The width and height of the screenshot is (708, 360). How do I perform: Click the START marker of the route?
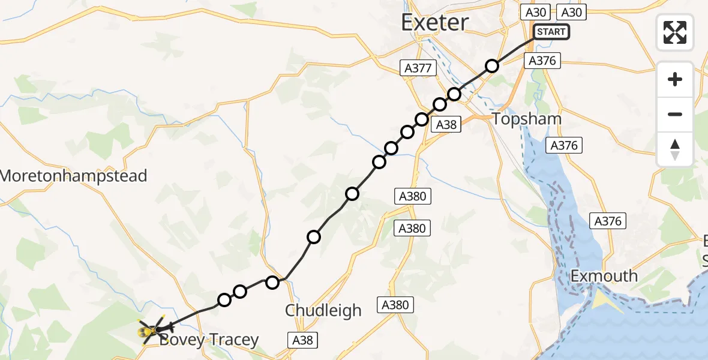click(x=551, y=32)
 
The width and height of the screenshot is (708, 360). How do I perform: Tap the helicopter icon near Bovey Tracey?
click(x=151, y=329)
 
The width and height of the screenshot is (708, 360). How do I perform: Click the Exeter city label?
click(x=434, y=23)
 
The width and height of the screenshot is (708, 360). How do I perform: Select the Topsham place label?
click(x=526, y=119)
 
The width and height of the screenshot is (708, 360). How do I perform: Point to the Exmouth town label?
click(x=604, y=276)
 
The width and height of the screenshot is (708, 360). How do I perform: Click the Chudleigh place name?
click(x=323, y=310)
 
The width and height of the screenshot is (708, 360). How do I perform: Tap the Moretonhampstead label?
click(x=73, y=176)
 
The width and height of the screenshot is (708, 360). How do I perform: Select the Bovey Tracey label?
click(x=208, y=340)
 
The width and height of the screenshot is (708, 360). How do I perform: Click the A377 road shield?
click(x=418, y=68)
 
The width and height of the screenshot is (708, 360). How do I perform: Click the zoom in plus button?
click(x=675, y=79)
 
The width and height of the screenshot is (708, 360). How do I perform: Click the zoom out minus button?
click(x=675, y=114)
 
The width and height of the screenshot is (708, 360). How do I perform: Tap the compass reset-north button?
click(x=675, y=149)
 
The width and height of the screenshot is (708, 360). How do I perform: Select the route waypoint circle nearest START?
click(x=492, y=66)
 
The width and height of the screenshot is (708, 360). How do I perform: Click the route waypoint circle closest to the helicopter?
click(x=224, y=300)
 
